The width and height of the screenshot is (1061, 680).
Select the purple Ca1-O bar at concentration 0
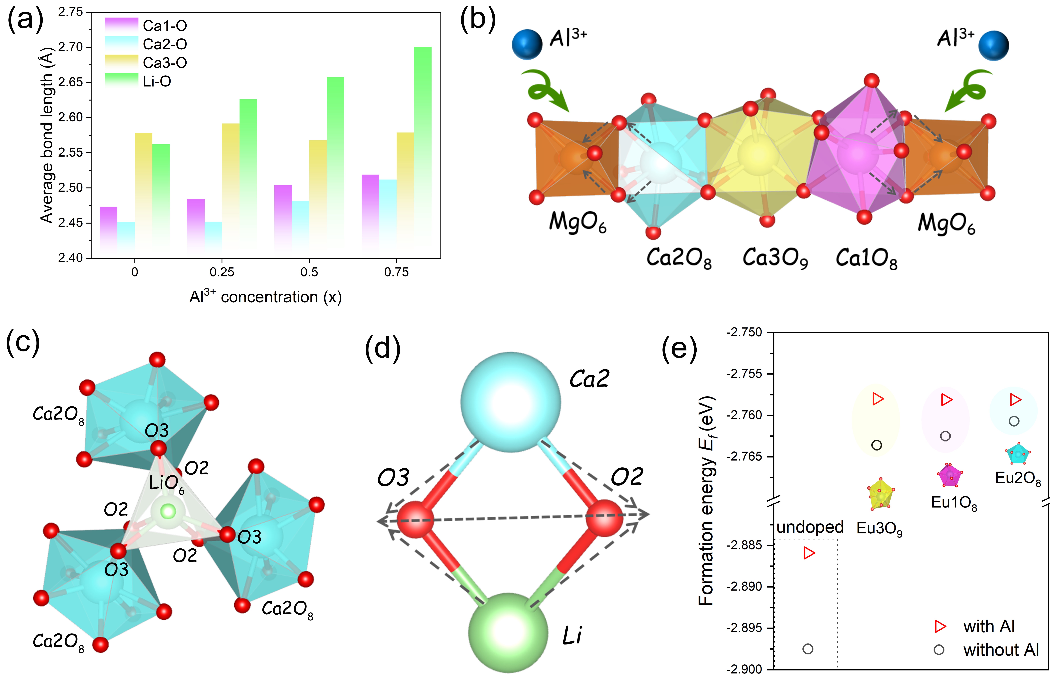[109, 230]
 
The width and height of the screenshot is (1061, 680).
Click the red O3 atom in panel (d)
[415, 519]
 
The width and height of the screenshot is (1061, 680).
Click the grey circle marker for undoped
[808, 649]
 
